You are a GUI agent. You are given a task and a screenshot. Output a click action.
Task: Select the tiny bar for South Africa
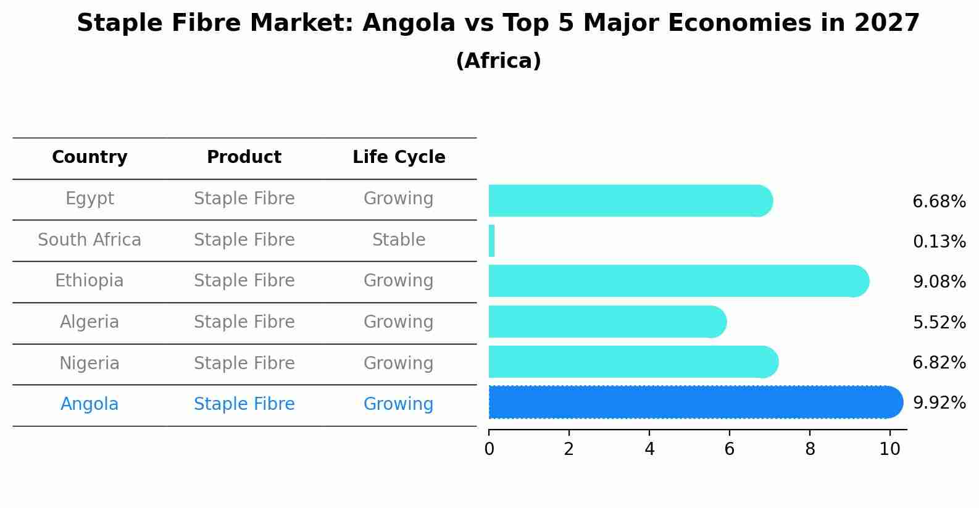tap(492, 241)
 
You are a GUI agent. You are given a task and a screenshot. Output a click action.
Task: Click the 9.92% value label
tap(939, 403)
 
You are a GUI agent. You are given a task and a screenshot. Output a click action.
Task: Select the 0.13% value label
tap(939, 242)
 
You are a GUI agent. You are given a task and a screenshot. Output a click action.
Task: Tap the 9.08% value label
tap(939, 282)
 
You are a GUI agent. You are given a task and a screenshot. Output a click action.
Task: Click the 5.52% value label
tap(939, 322)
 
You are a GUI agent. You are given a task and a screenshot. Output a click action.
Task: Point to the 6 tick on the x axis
tap(730, 449)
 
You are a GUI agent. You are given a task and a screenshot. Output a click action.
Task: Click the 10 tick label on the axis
tap(889, 449)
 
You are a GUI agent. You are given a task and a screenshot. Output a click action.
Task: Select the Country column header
tap(90, 157)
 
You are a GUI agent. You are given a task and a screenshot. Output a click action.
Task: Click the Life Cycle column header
tap(399, 157)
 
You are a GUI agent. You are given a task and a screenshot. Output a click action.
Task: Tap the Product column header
tap(244, 157)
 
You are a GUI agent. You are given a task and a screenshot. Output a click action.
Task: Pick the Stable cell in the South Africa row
tap(399, 240)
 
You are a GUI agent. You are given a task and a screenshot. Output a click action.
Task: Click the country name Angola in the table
tap(90, 404)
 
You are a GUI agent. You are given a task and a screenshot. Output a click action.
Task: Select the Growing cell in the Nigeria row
tap(399, 364)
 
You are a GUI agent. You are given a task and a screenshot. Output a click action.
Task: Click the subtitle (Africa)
tap(498, 61)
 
